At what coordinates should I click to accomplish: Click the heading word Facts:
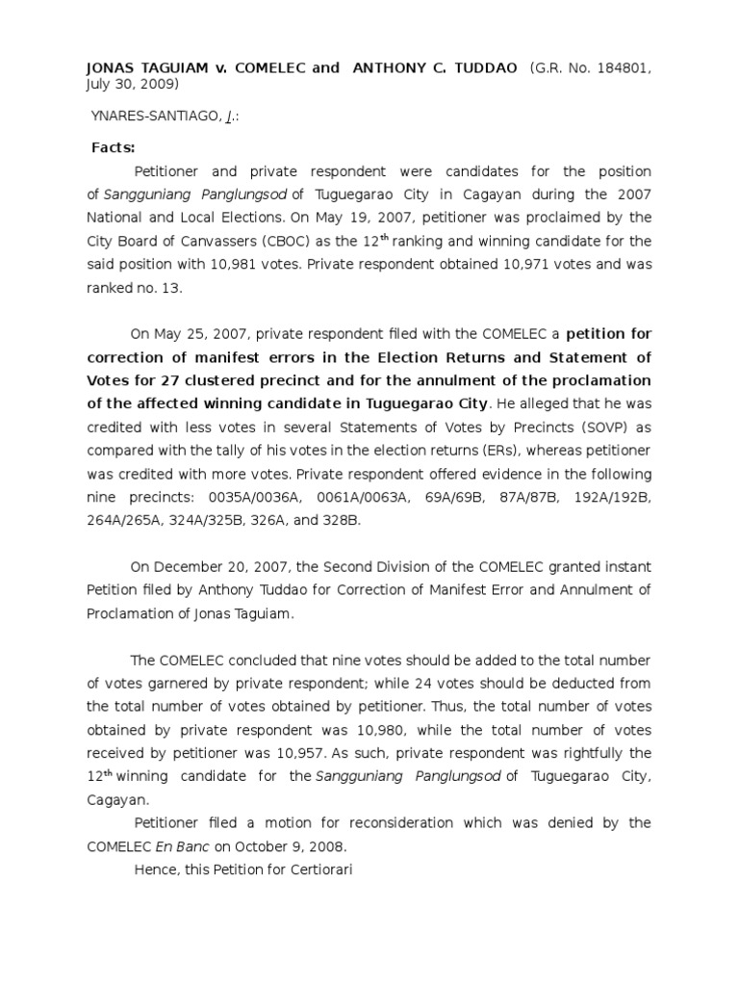click(114, 147)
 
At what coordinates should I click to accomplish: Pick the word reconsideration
click(374, 822)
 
